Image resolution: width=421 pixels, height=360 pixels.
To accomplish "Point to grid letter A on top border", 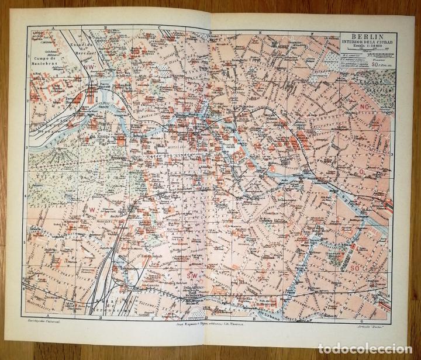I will (x=52, y=27).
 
